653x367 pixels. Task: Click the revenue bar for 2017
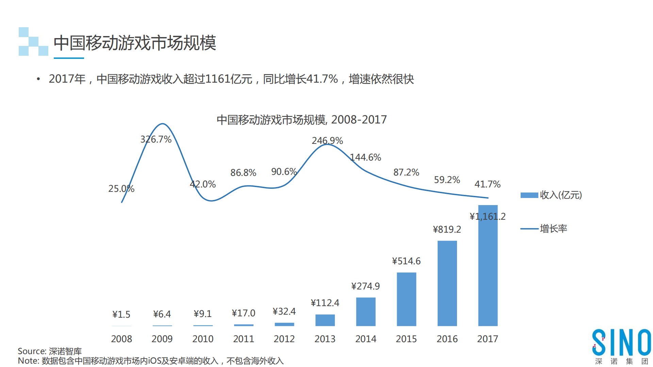(x=488, y=265)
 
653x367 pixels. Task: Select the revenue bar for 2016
(x=447, y=283)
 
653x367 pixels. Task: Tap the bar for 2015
(x=406, y=299)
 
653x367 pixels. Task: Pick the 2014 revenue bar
(x=366, y=312)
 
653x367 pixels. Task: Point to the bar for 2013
(x=325, y=320)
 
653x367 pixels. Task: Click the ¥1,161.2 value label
(x=487, y=216)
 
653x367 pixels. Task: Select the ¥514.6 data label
(x=406, y=261)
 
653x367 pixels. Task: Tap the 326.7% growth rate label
(x=156, y=139)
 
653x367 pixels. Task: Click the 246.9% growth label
(x=327, y=140)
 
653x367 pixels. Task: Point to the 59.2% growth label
(x=447, y=180)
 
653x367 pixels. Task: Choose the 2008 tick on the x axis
(x=121, y=339)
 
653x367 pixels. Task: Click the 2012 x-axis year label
(x=284, y=339)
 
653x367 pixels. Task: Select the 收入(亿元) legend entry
(x=551, y=195)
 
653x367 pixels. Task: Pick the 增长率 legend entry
(x=544, y=229)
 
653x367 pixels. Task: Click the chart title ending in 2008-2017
(x=301, y=120)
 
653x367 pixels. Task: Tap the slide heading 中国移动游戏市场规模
(x=135, y=43)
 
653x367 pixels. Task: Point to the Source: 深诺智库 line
(x=50, y=351)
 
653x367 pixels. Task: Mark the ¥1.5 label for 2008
(x=121, y=314)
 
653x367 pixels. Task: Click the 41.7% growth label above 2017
(x=487, y=184)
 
